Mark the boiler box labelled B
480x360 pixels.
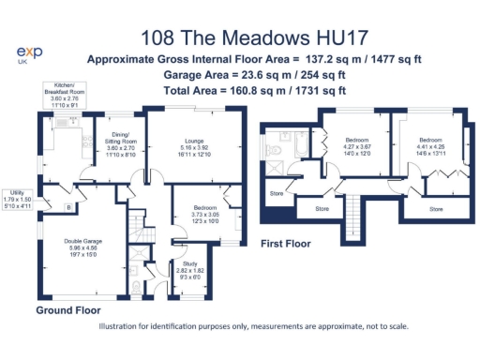pyautogui.click(x=67, y=206)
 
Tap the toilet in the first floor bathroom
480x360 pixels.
pyautogui.click(x=271, y=150)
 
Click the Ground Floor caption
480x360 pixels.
pyautogui.click(x=67, y=309)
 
